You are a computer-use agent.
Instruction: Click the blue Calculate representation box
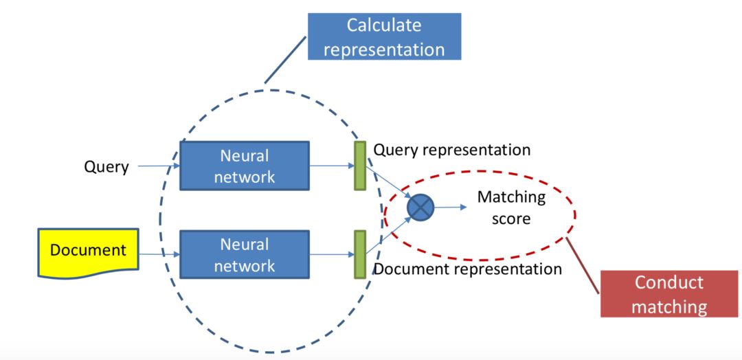click(383, 36)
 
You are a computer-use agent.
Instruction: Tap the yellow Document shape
click(88, 251)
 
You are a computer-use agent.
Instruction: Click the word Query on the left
click(106, 166)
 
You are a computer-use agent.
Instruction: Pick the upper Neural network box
click(244, 166)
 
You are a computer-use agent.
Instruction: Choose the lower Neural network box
click(244, 254)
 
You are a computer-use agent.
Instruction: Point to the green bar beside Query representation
click(359, 165)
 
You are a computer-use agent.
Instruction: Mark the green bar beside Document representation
click(359, 254)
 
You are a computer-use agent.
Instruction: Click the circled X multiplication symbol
click(420, 207)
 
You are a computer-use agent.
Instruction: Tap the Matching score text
click(511, 207)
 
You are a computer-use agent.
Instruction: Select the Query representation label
click(452, 150)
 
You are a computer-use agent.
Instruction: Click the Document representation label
click(467, 269)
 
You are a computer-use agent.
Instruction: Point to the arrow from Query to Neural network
click(159, 166)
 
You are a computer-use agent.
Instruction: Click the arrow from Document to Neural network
click(159, 254)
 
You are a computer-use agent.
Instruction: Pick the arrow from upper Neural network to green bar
click(331, 166)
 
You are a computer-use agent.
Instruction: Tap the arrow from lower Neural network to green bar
click(331, 254)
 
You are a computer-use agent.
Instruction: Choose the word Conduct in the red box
click(668, 282)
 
